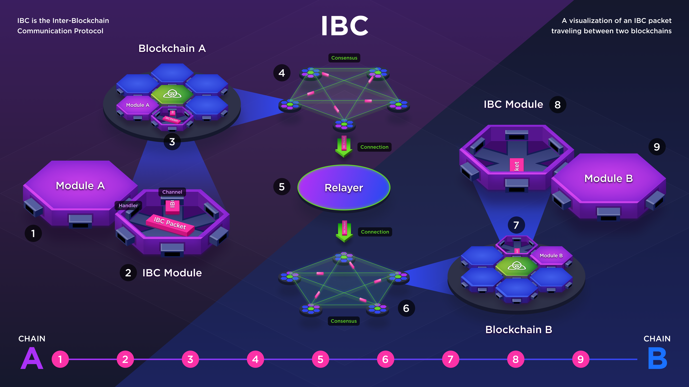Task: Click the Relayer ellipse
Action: tap(344, 187)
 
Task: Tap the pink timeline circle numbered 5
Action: tap(320, 359)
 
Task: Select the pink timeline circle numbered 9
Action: tap(581, 359)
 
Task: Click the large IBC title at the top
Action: tap(344, 26)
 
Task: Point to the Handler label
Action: tap(128, 205)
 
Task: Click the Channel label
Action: tap(172, 192)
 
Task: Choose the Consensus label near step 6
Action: tap(344, 321)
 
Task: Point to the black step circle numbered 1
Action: tap(33, 233)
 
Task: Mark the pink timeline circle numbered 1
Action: tap(60, 359)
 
